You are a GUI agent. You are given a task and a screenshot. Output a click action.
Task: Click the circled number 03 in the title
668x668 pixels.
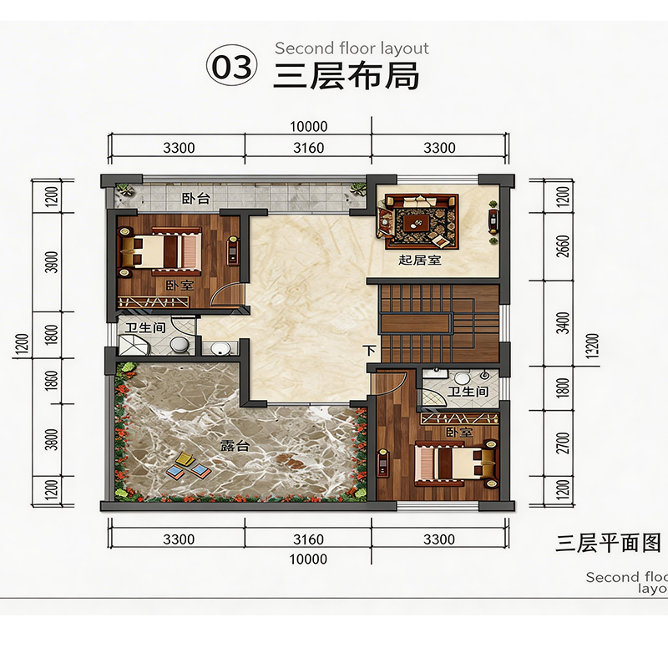tap(232, 68)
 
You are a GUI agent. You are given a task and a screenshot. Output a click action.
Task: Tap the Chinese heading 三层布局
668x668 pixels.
tap(346, 77)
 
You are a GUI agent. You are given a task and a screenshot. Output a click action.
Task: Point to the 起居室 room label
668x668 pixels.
tap(420, 260)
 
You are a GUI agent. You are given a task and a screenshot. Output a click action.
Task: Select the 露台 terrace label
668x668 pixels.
tap(235, 446)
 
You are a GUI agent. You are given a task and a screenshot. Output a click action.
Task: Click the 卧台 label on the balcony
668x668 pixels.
tap(196, 199)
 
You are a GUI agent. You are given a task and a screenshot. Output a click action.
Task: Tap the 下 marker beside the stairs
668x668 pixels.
tap(370, 350)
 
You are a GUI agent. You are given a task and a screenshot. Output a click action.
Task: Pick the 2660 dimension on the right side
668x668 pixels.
tap(563, 246)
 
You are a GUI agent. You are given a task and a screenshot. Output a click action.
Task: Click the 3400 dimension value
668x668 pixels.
tap(563, 323)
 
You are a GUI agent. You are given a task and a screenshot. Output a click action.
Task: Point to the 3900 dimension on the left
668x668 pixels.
tap(51, 262)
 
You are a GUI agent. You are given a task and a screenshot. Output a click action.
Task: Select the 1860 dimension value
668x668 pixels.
tap(51, 381)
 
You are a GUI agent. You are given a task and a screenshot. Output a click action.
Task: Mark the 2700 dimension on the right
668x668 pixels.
tap(563, 443)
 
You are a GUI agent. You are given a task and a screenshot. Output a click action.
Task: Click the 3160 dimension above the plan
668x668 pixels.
tap(308, 148)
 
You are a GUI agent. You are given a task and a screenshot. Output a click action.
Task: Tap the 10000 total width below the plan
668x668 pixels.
tap(308, 559)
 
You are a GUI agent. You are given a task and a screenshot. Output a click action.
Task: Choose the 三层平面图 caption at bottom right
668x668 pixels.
tap(608, 544)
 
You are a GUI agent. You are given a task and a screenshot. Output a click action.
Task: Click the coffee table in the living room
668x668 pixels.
tap(417, 221)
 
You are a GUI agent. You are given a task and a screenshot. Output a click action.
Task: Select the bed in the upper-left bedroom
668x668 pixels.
tap(159, 251)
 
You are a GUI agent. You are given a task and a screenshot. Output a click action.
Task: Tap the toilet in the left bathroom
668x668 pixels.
tap(180, 345)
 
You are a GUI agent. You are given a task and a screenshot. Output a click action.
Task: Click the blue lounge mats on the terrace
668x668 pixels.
tap(189, 471)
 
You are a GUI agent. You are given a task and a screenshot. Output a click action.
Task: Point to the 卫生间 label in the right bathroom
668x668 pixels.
tap(468, 392)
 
